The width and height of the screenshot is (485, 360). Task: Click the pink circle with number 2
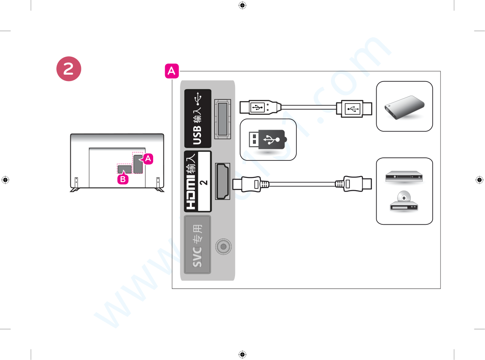click(x=68, y=70)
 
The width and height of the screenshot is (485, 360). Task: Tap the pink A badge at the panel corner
click(x=172, y=71)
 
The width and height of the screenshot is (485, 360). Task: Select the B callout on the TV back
click(x=122, y=179)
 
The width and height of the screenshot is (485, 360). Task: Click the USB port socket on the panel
click(x=222, y=118)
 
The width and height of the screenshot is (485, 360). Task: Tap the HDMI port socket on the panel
click(x=223, y=182)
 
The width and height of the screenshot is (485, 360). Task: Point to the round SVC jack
click(x=223, y=247)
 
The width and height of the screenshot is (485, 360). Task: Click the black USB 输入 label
click(x=198, y=118)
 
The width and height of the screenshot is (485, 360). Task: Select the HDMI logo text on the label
click(x=192, y=194)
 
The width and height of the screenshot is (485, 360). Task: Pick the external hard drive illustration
click(x=404, y=107)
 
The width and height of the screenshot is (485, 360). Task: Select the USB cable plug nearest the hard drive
click(x=354, y=109)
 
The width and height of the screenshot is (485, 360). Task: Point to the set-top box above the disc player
click(x=404, y=177)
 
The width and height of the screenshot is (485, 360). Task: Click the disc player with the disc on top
click(x=404, y=203)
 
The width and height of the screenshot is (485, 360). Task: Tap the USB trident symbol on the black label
click(x=198, y=99)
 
